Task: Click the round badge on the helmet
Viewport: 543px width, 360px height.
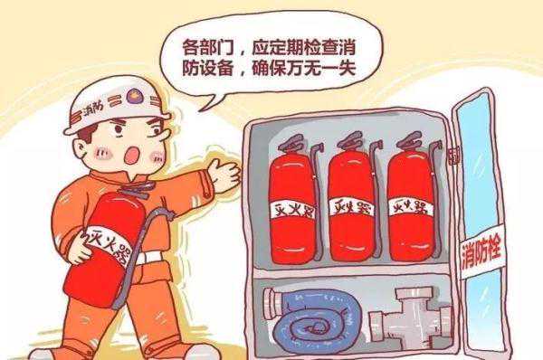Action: pos(133,95)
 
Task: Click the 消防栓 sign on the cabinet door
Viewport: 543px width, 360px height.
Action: pos(481,252)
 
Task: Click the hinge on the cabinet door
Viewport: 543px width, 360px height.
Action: pos(454,155)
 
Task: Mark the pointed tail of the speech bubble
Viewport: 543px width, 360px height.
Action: pos(201,109)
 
